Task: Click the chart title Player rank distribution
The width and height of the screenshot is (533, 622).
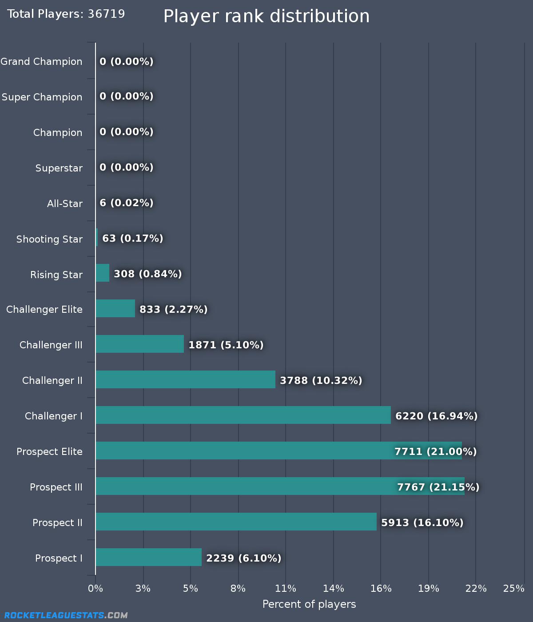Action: pyautogui.click(x=266, y=16)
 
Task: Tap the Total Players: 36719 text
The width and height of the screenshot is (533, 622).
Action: pyautogui.click(x=66, y=14)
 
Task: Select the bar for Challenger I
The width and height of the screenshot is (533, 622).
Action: pyautogui.click(x=243, y=415)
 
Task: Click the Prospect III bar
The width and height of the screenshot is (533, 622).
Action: pyautogui.click(x=280, y=486)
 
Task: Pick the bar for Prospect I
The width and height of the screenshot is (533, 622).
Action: pyautogui.click(x=148, y=557)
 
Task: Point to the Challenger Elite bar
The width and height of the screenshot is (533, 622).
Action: pyautogui.click(x=115, y=308)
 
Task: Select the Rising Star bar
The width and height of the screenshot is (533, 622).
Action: pyautogui.click(x=102, y=273)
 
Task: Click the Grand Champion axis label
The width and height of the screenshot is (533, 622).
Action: pyautogui.click(x=41, y=61)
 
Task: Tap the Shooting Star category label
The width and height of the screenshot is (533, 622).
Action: pyautogui.click(x=49, y=239)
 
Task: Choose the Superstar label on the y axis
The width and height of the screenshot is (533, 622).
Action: pyautogui.click(x=59, y=168)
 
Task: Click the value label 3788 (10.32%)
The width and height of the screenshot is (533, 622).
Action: pyautogui.click(x=321, y=380)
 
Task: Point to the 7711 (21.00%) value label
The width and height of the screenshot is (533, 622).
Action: pyautogui.click(x=435, y=451)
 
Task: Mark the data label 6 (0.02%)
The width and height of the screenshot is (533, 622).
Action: pyautogui.click(x=127, y=203)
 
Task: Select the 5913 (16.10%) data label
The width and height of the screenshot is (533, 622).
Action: pyautogui.click(x=422, y=522)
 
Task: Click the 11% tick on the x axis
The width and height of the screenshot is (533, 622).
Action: pyautogui.click(x=286, y=588)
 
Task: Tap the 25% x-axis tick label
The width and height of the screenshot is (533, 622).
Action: pyautogui.click(x=513, y=588)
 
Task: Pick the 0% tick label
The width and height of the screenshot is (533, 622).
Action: pyautogui.click(x=95, y=588)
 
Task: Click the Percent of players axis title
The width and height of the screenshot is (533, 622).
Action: pyautogui.click(x=309, y=604)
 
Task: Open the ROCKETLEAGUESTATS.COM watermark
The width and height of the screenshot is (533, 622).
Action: pyautogui.click(x=66, y=615)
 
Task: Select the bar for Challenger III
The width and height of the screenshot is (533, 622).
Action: pyautogui.click(x=139, y=344)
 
